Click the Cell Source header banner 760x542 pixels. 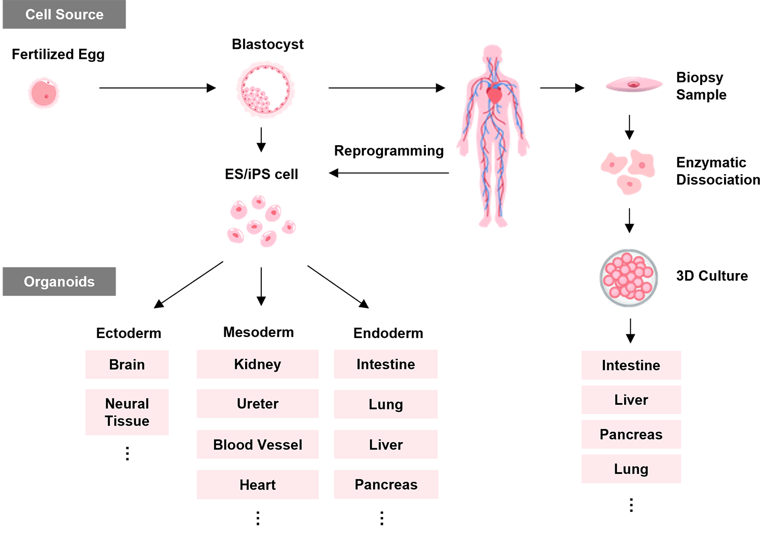64,15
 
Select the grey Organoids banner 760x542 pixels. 59,281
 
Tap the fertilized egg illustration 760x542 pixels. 44,94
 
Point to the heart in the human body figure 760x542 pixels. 493,94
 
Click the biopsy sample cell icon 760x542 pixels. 634,84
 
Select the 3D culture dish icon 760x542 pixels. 628,278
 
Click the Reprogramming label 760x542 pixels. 388,151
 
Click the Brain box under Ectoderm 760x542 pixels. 127,364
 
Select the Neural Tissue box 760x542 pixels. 127,412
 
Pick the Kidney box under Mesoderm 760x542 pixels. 257,364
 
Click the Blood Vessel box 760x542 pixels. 257,445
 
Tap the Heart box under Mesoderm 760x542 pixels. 257,485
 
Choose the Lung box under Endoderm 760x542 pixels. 386,404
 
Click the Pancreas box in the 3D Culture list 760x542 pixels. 631,434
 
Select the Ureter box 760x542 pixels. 257,404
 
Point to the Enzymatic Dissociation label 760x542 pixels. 717,171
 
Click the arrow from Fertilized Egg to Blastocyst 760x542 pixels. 157,88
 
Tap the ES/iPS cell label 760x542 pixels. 261,174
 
